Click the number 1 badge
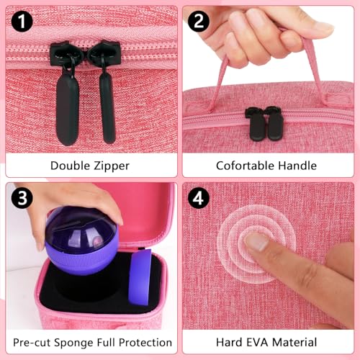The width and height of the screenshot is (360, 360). coord(22,22)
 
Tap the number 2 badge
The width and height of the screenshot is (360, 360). coord(198,22)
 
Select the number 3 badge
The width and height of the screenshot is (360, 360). coord(22,198)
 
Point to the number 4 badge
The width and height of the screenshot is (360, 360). coord(198,198)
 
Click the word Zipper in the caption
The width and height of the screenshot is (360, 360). coord(112,166)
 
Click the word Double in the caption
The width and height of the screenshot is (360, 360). coord(70,166)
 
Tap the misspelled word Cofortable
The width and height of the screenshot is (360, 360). coord(246,166)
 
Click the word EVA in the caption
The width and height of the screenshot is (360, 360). coord(257,342)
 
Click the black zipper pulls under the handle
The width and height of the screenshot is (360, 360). coord(264,124)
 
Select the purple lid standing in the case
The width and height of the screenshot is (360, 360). coord(140,277)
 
